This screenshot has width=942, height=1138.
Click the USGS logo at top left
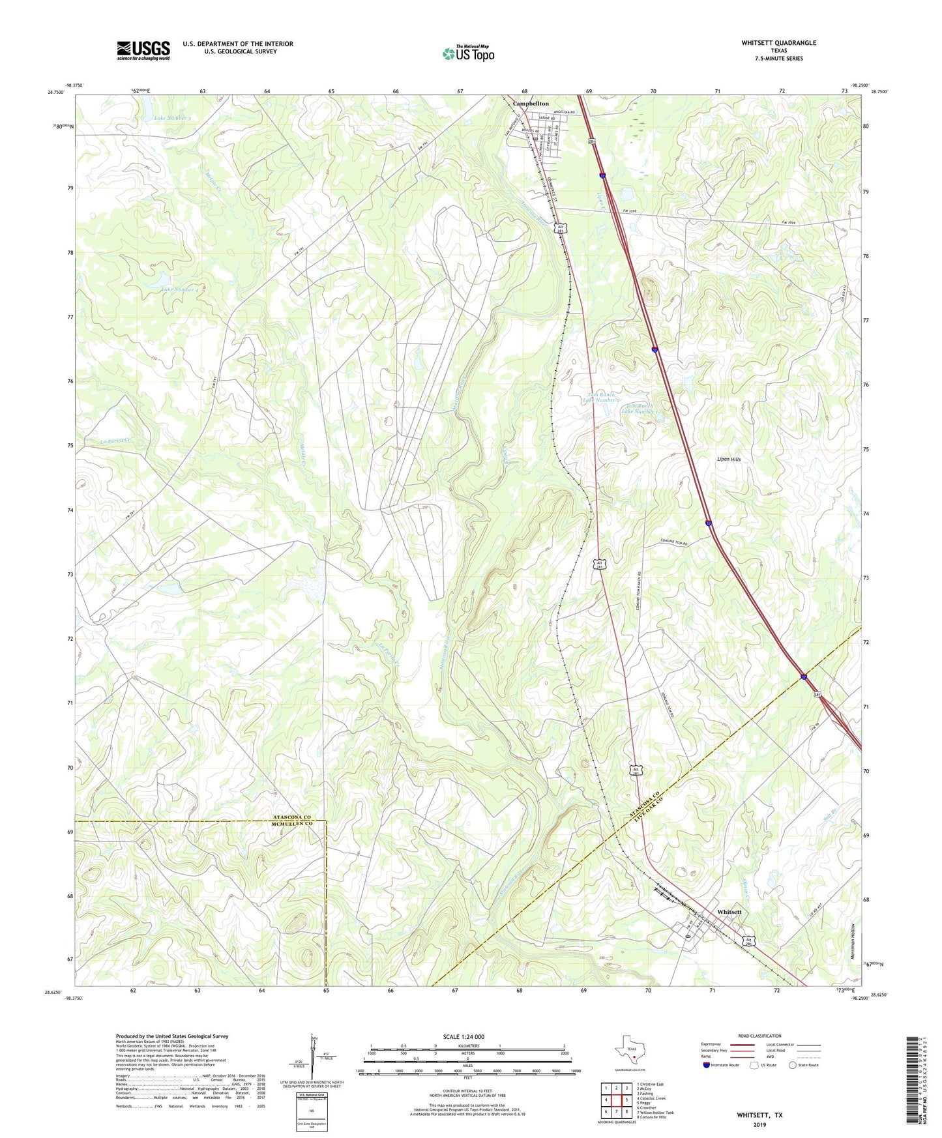pyautogui.click(x=143, y=50)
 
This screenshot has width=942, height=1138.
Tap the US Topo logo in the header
pyautogui.click(x=467, y=53)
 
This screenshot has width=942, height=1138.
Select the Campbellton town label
pyautogui.click(x=530, y=104)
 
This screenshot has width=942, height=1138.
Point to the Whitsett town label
pyautogui.click(x=729, y=912)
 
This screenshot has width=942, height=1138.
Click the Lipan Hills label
pyautogui.click(x=728, y=460)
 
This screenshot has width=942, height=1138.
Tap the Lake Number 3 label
pyautogui.click(x=173, y=119)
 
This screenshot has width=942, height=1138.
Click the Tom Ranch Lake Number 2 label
pyautogui.click(x=601, y=398)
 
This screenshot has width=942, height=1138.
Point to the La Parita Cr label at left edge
pyautogui.click(x=117, y=441)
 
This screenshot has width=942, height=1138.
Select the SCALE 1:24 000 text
pyautogui.click(x=464, y=1037)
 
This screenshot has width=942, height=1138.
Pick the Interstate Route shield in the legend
pyautogui.click(x=707, y=1065)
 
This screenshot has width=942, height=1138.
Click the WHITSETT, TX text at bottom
pyautogui.click(x=759, y=1115)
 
